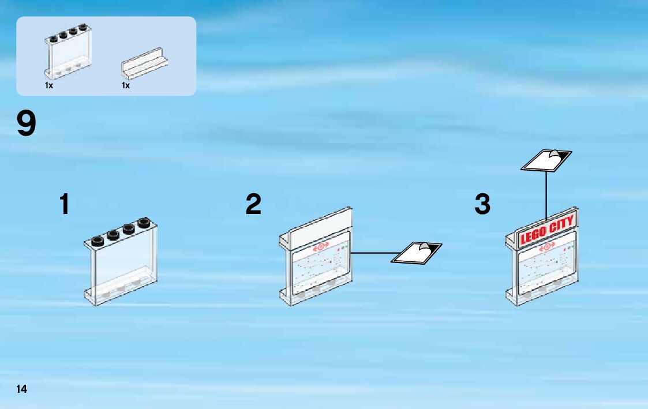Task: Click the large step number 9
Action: click(26, 124)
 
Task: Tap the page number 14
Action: click(22, 389)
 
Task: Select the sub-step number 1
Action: click(65, 205)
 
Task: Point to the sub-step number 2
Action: click(253, 205)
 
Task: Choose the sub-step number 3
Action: click(482, 205)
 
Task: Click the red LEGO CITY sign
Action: click(546, 230)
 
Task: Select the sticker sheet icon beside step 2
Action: click(417, 252)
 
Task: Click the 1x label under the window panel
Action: click(49, 85)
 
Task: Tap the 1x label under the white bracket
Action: click(126, 85)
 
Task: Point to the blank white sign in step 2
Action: click(321, 227)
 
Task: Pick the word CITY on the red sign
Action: click(561, 226)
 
